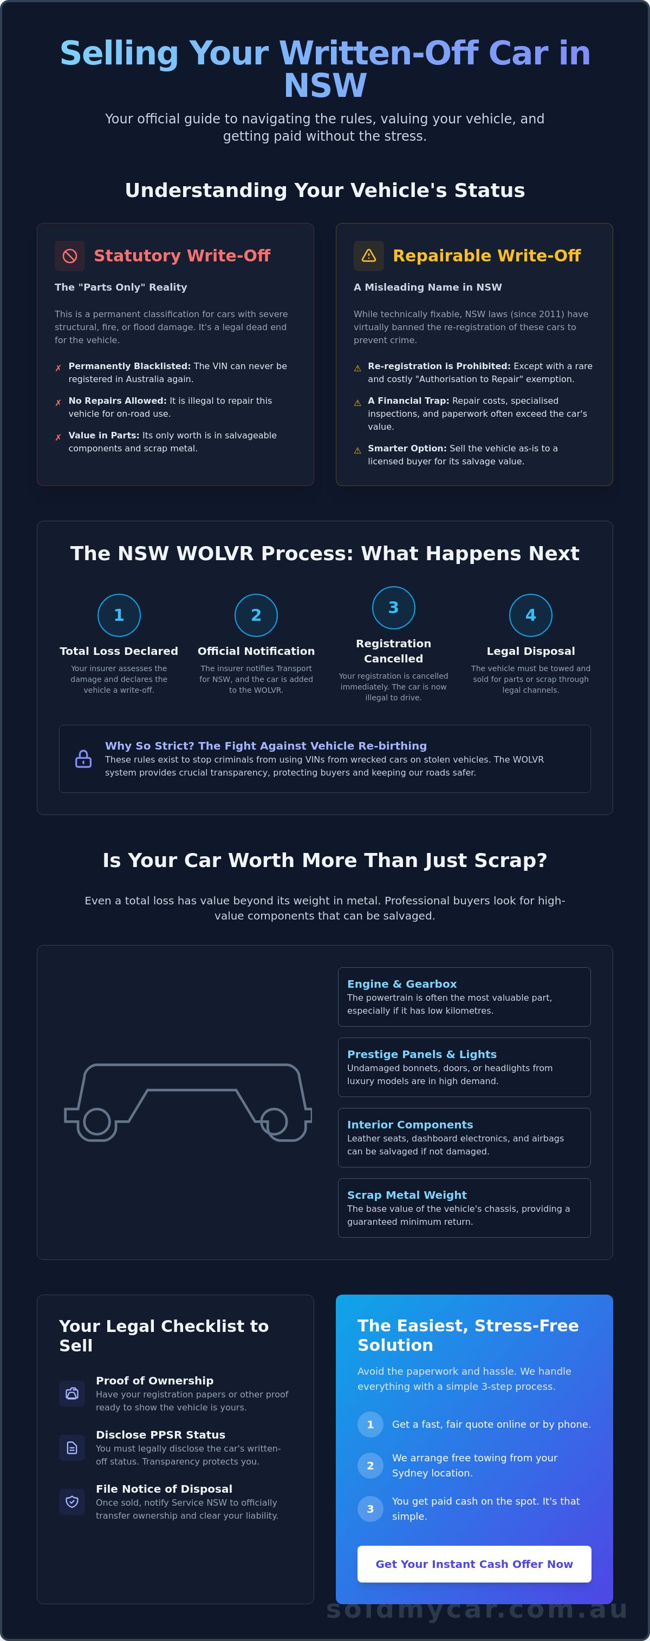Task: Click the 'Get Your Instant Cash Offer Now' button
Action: click(474, 1564)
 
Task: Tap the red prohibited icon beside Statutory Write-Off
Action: click(70, 256)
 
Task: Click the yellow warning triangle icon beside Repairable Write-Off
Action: click(369, 256)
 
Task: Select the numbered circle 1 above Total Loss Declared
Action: click(119, 615)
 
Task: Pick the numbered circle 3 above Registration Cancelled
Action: click(394, 608)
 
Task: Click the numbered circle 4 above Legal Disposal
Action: click(531, 615)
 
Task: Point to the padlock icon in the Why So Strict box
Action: click(83, 759)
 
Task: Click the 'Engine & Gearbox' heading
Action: click(402, 983)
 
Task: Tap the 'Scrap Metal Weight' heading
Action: click(407, 1195)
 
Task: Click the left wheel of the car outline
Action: click(97, 1121)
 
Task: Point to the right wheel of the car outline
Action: click(274, 1121)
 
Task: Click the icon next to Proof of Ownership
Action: click(72, 1393)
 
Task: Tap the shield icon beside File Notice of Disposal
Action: click(72, 1501)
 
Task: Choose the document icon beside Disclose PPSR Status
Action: click(72, 1447)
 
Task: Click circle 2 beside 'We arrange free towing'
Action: click(370, 1465)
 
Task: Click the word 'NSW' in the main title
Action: click(325, 86)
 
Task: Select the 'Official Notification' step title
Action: click(256, 651)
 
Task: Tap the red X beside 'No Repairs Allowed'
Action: click(58, 403)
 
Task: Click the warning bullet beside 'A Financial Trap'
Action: click(357, 403)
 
